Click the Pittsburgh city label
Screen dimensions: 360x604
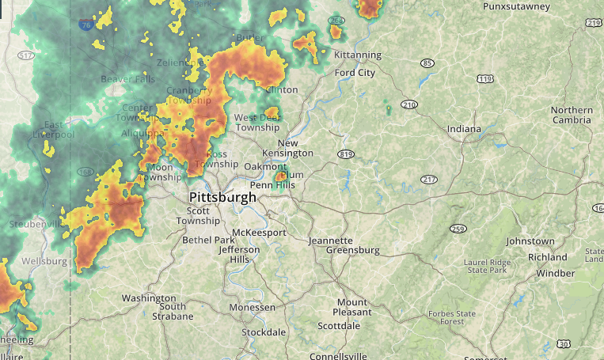click(x=222, y=197)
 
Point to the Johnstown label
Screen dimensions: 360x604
click(x=530, y=241)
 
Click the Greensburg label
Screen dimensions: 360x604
click(x=353, y=251)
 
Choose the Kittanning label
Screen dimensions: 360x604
click(x=358, y=55)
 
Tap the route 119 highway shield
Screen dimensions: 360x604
click(x=485, y=79)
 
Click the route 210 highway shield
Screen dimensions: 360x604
click(x=409, y=104)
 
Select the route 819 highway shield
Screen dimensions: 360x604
click(x=344, y=153)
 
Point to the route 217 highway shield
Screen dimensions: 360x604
click(x=429, y=180)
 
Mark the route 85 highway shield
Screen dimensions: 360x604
click(x=427, y=63)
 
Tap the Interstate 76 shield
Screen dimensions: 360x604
click(x=85, y=25)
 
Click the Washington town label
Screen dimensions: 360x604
click(x=148, y=298)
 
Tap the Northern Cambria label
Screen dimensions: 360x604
click(x=572, y=115)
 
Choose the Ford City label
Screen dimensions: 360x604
click(x=355, y=73)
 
